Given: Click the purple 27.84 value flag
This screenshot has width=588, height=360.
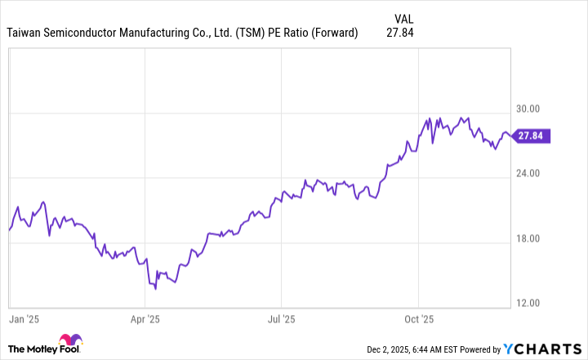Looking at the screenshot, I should (532, 136).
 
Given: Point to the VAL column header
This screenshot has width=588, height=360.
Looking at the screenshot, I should (403, 17).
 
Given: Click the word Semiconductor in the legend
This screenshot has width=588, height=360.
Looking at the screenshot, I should (87, 33).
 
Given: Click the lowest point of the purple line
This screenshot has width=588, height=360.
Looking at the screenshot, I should (154, 288).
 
